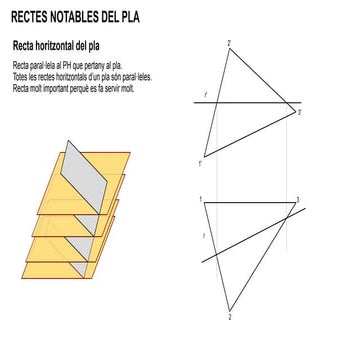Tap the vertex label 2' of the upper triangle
(x=229, y=42)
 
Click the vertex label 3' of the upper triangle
(x=298, y=114)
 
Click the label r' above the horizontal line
(x=206, y=96)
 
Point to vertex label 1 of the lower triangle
(x=201, y=200)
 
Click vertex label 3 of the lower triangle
(x=296, y=200)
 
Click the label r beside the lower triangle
(x=204, y=235)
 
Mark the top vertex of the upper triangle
(x=232, y=49)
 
